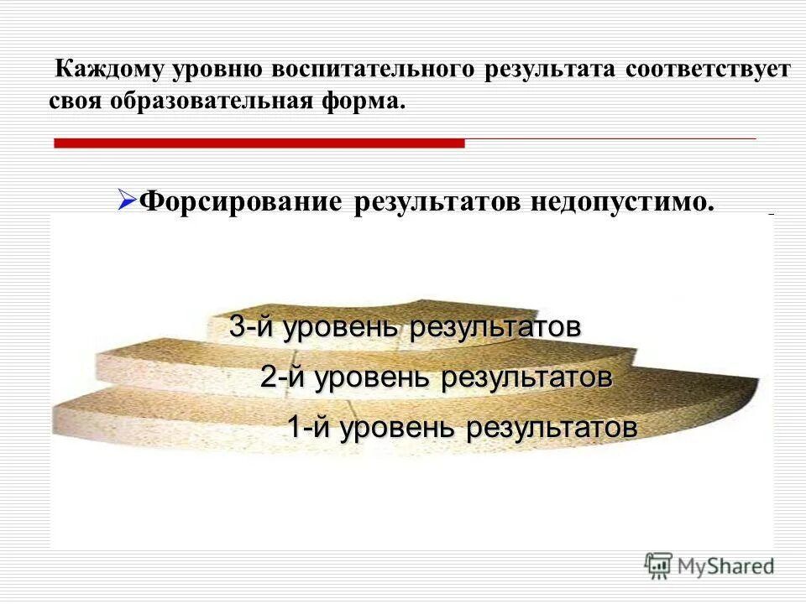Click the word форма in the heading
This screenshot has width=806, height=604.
click(360, 102)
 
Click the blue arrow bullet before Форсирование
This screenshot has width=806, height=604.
click(127, 200)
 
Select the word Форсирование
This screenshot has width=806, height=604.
click(241, 202)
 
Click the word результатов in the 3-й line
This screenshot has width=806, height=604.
click(495, 327)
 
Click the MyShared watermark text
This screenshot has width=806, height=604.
click(728, 566)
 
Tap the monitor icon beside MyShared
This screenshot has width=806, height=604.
click(659, 565)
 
